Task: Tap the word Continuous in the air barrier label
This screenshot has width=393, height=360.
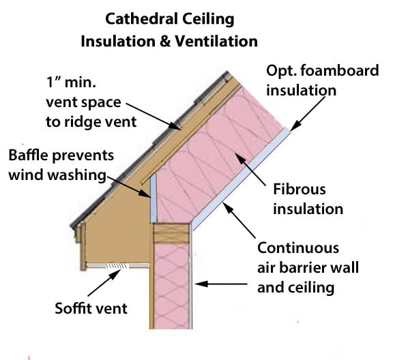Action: coord(297,248)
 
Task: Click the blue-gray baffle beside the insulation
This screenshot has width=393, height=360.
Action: coord(154,198)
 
